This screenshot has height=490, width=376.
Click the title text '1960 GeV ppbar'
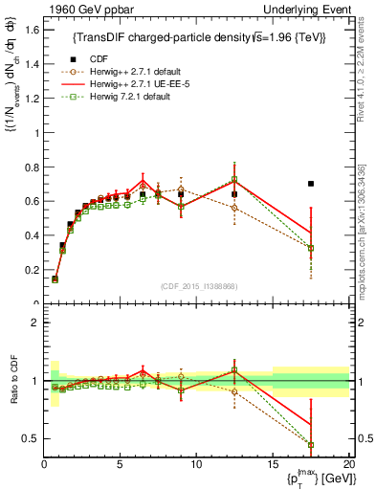[79, 9]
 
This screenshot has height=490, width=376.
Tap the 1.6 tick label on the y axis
[32, 29]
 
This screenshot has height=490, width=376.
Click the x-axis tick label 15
[273, 464]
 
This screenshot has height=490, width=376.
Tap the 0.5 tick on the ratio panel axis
[32, 438]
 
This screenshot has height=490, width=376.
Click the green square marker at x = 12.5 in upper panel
[234, 179]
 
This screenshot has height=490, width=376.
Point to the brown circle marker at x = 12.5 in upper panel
[234, 208]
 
